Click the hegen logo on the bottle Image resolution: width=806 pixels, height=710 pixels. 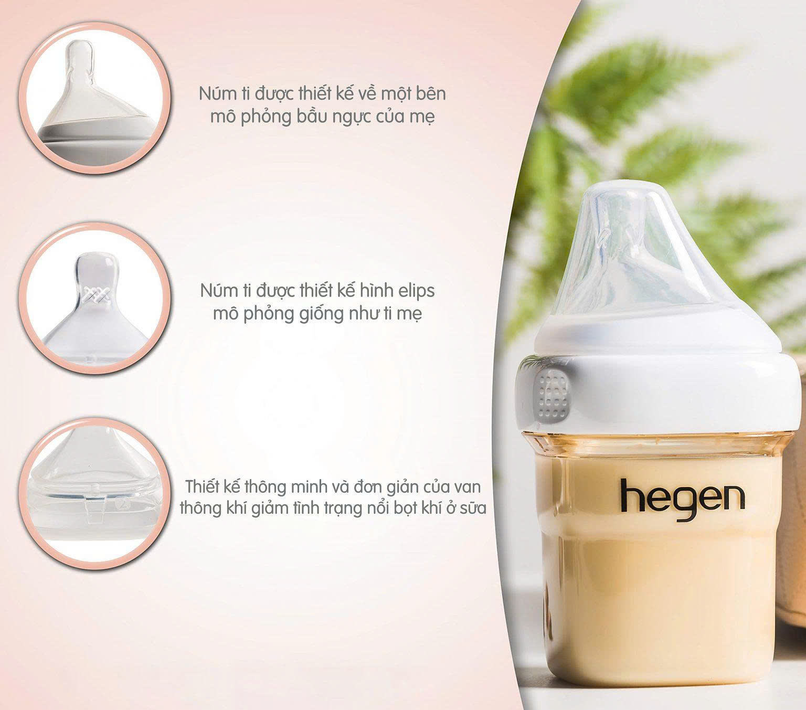(x=682, y=496)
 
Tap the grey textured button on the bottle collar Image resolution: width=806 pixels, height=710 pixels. (x=549, y=393)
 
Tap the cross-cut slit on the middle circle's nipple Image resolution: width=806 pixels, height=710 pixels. (x=94, y=294)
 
